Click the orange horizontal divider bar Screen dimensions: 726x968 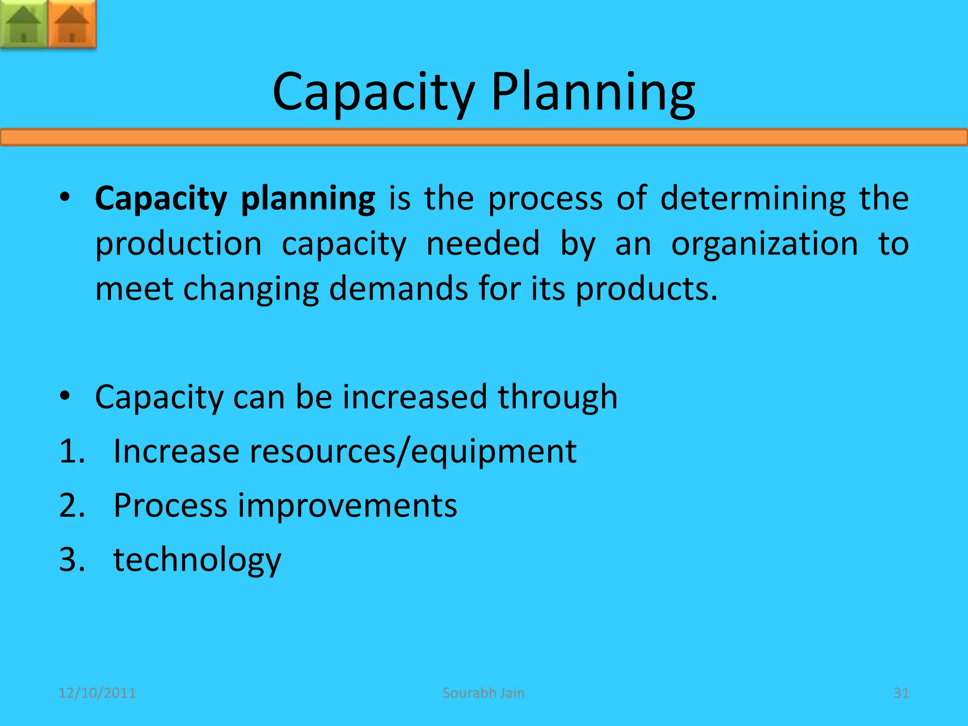pos(484,138)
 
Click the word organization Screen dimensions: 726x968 pos(764,244)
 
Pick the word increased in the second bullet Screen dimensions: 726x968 pos(415,397)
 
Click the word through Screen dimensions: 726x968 pos(557,398)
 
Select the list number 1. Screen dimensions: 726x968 pos(71,451)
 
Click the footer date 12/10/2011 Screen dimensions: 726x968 pos(97,693)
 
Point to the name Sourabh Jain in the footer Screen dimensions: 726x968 pos(484,693)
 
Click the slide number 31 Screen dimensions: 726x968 pos(901,693)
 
